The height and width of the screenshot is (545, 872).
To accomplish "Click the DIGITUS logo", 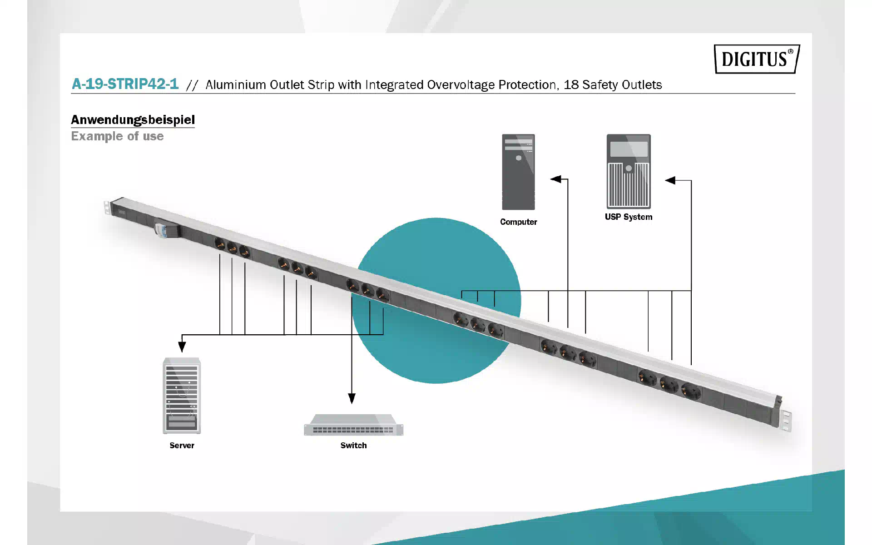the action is (757, 59).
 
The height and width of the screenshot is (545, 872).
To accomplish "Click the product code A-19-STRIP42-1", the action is (125, 84).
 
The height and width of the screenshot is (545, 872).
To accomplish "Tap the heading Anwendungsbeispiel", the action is (133, 120).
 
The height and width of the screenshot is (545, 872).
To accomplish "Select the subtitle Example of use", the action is (117, 136).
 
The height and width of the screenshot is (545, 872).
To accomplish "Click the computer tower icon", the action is (518, 172).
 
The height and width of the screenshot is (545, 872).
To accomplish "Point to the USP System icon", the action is (629, 171).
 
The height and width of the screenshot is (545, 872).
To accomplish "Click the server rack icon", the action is (182, 396).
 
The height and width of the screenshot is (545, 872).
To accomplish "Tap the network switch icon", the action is (353, 425).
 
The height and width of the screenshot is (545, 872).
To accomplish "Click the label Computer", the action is (519, 222).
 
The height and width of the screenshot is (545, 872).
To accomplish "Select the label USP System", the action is (629, 217).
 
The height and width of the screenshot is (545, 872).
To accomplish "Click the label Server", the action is (182, 446).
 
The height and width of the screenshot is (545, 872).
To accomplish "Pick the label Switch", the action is (353, 446).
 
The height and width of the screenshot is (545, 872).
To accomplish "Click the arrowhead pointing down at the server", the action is (182, 347).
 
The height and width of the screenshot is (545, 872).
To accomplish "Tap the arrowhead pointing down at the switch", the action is (352, 398).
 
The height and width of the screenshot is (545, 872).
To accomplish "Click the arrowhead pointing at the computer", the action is (555, 179).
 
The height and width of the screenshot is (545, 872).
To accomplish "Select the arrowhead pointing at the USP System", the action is (670, 180).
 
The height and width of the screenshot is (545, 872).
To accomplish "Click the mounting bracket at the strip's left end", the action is (107, 207).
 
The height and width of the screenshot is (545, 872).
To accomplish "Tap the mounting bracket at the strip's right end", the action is (787, 421).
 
